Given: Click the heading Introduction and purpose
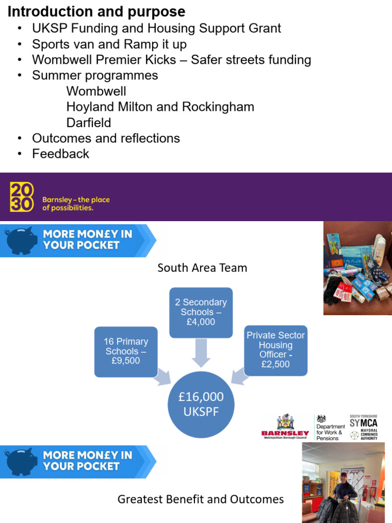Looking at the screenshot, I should [x=96, y=11].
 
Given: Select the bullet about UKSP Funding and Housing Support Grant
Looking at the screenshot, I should [x=156, y=29].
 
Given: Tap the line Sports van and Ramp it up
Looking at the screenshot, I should [x=109, y=44].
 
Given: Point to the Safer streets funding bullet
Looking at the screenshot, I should [x=171, y=60].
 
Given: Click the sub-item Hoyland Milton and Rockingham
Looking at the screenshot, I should [x=160, y=107].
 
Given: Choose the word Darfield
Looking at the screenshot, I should [x=88, y=123].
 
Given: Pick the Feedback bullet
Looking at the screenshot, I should [x=60, y=154].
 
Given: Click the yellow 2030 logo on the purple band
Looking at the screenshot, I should [x=22, y=197].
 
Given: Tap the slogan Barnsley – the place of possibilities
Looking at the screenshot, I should [x=76, y=204].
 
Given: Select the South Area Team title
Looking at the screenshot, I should [x=202, y=268].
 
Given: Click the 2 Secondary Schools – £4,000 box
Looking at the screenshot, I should [x=201, y=312].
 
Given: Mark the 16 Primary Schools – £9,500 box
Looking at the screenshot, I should [x=126, y=351].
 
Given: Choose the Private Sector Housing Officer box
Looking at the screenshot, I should [x=275, y=350].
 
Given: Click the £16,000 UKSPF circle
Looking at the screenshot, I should [x=201, y=404].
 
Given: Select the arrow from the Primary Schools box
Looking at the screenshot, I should [x=163, y=376].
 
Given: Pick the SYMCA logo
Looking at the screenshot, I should [x=363, y=427].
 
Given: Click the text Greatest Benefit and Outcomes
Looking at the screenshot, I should [x=201, y=499].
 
